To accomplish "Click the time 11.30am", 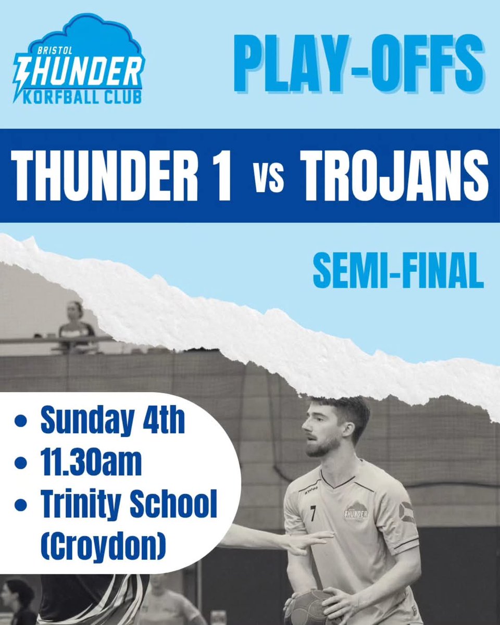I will pos(91,463).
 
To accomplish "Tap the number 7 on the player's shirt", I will pos(312,515).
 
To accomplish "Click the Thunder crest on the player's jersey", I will pos(356,510).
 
